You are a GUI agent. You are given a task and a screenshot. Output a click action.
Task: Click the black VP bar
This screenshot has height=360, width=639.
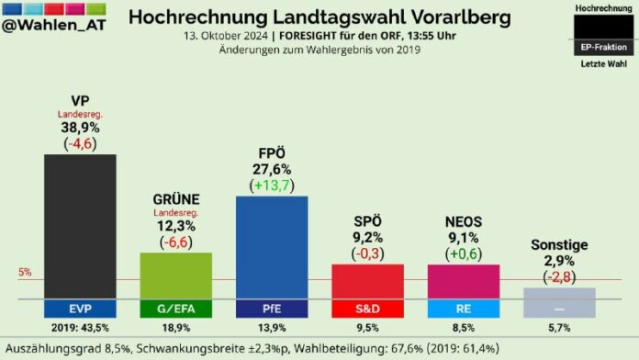(x=80, y=225)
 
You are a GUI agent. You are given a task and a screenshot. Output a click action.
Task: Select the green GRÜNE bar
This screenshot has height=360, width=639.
(x=175, y=276)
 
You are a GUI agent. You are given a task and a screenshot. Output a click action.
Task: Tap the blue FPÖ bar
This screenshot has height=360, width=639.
(x=272, y=246)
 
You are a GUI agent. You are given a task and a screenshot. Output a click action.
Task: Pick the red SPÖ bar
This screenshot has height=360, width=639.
(x=367, y=281)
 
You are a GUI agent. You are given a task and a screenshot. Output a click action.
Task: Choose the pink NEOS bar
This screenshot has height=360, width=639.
(x=464, y=281)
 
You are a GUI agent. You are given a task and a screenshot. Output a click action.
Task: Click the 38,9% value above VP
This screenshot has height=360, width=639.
(x=80, y=129)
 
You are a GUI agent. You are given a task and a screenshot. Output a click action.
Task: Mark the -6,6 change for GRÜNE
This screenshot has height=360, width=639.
(x=175, y=242)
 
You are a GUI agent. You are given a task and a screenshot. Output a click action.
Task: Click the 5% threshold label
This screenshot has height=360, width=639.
(x=25, y=273)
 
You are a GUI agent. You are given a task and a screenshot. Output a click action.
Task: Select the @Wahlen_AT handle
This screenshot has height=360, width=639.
(x=57, y=28)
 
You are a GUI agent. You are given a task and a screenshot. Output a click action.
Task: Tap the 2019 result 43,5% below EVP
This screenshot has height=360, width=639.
(x=80, y=328)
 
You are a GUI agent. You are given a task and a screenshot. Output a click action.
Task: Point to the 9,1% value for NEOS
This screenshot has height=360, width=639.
(x=464, y=238)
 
